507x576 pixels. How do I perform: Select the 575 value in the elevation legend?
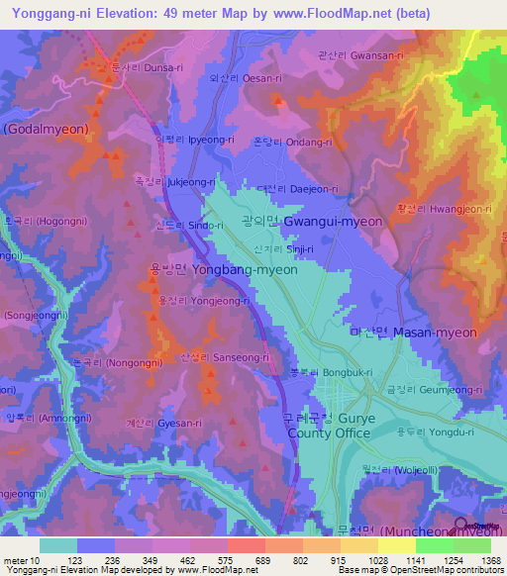point(210,559)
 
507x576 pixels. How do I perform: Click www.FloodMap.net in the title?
point(343,13)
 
